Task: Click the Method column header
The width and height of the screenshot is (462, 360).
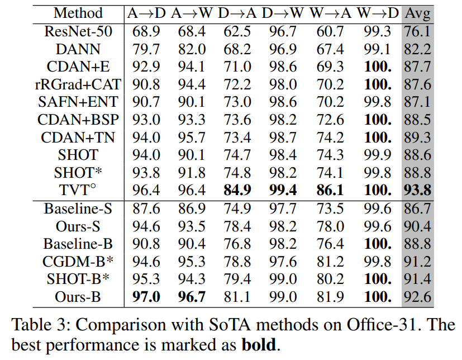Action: click(x=78, y=13)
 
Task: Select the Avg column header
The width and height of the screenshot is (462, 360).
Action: click(x=418, y=13)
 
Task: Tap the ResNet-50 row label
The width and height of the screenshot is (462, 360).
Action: click(x=78, y=31)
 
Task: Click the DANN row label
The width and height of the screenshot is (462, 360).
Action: click(x=78, y=49)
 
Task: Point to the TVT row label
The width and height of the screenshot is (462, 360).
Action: click(x=78, y=191)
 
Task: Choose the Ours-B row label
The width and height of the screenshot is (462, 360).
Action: click(x=78, y=297)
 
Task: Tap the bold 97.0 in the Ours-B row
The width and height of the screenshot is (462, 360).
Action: click(x=147, y=297)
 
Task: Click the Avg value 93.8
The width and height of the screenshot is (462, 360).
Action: click(x=418, y=191)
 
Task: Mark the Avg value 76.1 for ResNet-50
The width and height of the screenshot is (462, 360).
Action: click(x=418, y=31)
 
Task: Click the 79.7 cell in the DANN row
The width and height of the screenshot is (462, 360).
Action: click(x=147, y=49)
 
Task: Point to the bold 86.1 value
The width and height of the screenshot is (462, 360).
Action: click(x=330, y=191)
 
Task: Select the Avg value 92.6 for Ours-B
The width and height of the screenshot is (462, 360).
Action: click(x=418, y=297)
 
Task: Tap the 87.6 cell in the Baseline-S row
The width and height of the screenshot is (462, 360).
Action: click(x=147, y=209)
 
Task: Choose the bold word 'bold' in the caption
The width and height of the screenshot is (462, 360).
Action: click(x=258, y=344)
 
